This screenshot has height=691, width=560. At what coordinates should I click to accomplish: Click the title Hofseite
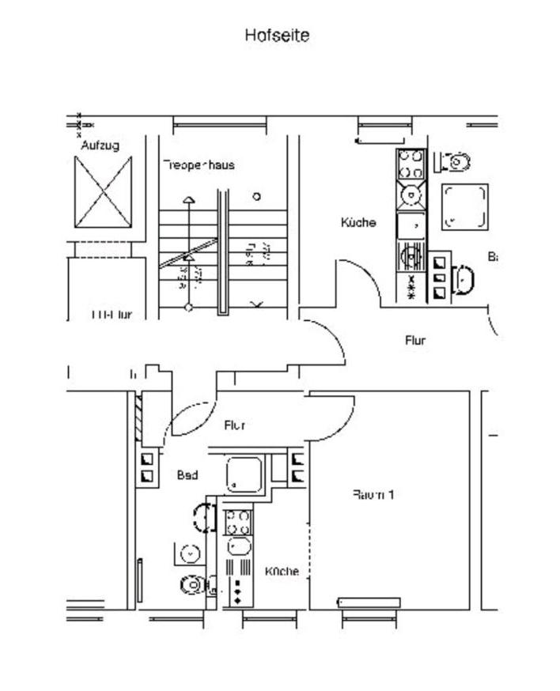tap(277, 36)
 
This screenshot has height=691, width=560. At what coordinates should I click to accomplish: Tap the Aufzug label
tap(100, 145)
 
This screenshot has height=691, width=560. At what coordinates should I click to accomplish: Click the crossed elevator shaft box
tap(104, 192)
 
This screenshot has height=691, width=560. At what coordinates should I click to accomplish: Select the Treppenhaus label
tap(199, 165)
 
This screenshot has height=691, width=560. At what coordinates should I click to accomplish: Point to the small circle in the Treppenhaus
tap(256, 196)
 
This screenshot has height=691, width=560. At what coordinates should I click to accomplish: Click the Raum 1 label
tap(373, 495)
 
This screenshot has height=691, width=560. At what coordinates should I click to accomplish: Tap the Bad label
tap(187, 475)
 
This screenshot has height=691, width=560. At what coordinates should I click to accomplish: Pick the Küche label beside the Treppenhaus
tap(358, 223)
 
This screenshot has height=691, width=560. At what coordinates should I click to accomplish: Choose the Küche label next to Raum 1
tap(282, 571)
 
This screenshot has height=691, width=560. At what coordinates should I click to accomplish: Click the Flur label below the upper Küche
tap(415, 341)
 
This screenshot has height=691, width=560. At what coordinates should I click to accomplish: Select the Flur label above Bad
tap(234, 425)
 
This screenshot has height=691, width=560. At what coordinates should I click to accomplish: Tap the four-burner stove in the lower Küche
tap(238, 523)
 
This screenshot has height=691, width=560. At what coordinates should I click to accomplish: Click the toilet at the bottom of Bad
tap(192, 584)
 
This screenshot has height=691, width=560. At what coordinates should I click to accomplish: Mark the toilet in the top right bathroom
tap(458, 162)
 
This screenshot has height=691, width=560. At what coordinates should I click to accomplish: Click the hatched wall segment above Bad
tap(138, 418)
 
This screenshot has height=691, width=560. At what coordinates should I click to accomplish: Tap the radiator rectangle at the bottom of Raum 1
tap(369, 602)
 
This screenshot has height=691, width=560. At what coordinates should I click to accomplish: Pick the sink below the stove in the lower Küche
tap(238, 546)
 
